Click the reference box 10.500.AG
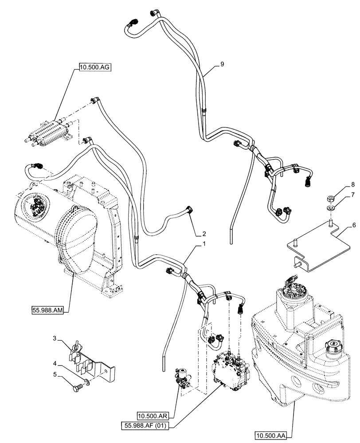[x=94, y=67]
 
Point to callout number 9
[x=222, y=65]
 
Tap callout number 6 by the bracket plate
[x=353, y=225]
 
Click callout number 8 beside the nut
[x=353, y=184]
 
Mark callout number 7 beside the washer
[x=353, y=195]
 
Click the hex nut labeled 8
[x=330, y=198]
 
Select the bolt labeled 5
[x=78, y=388]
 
